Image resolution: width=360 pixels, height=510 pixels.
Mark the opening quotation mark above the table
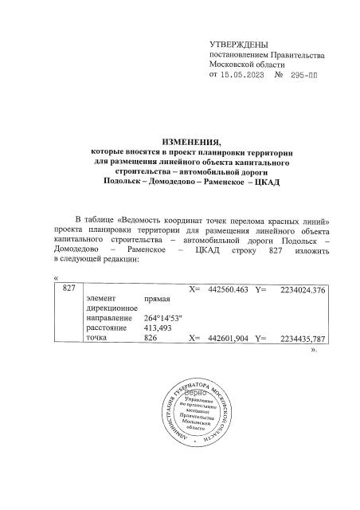54,277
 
